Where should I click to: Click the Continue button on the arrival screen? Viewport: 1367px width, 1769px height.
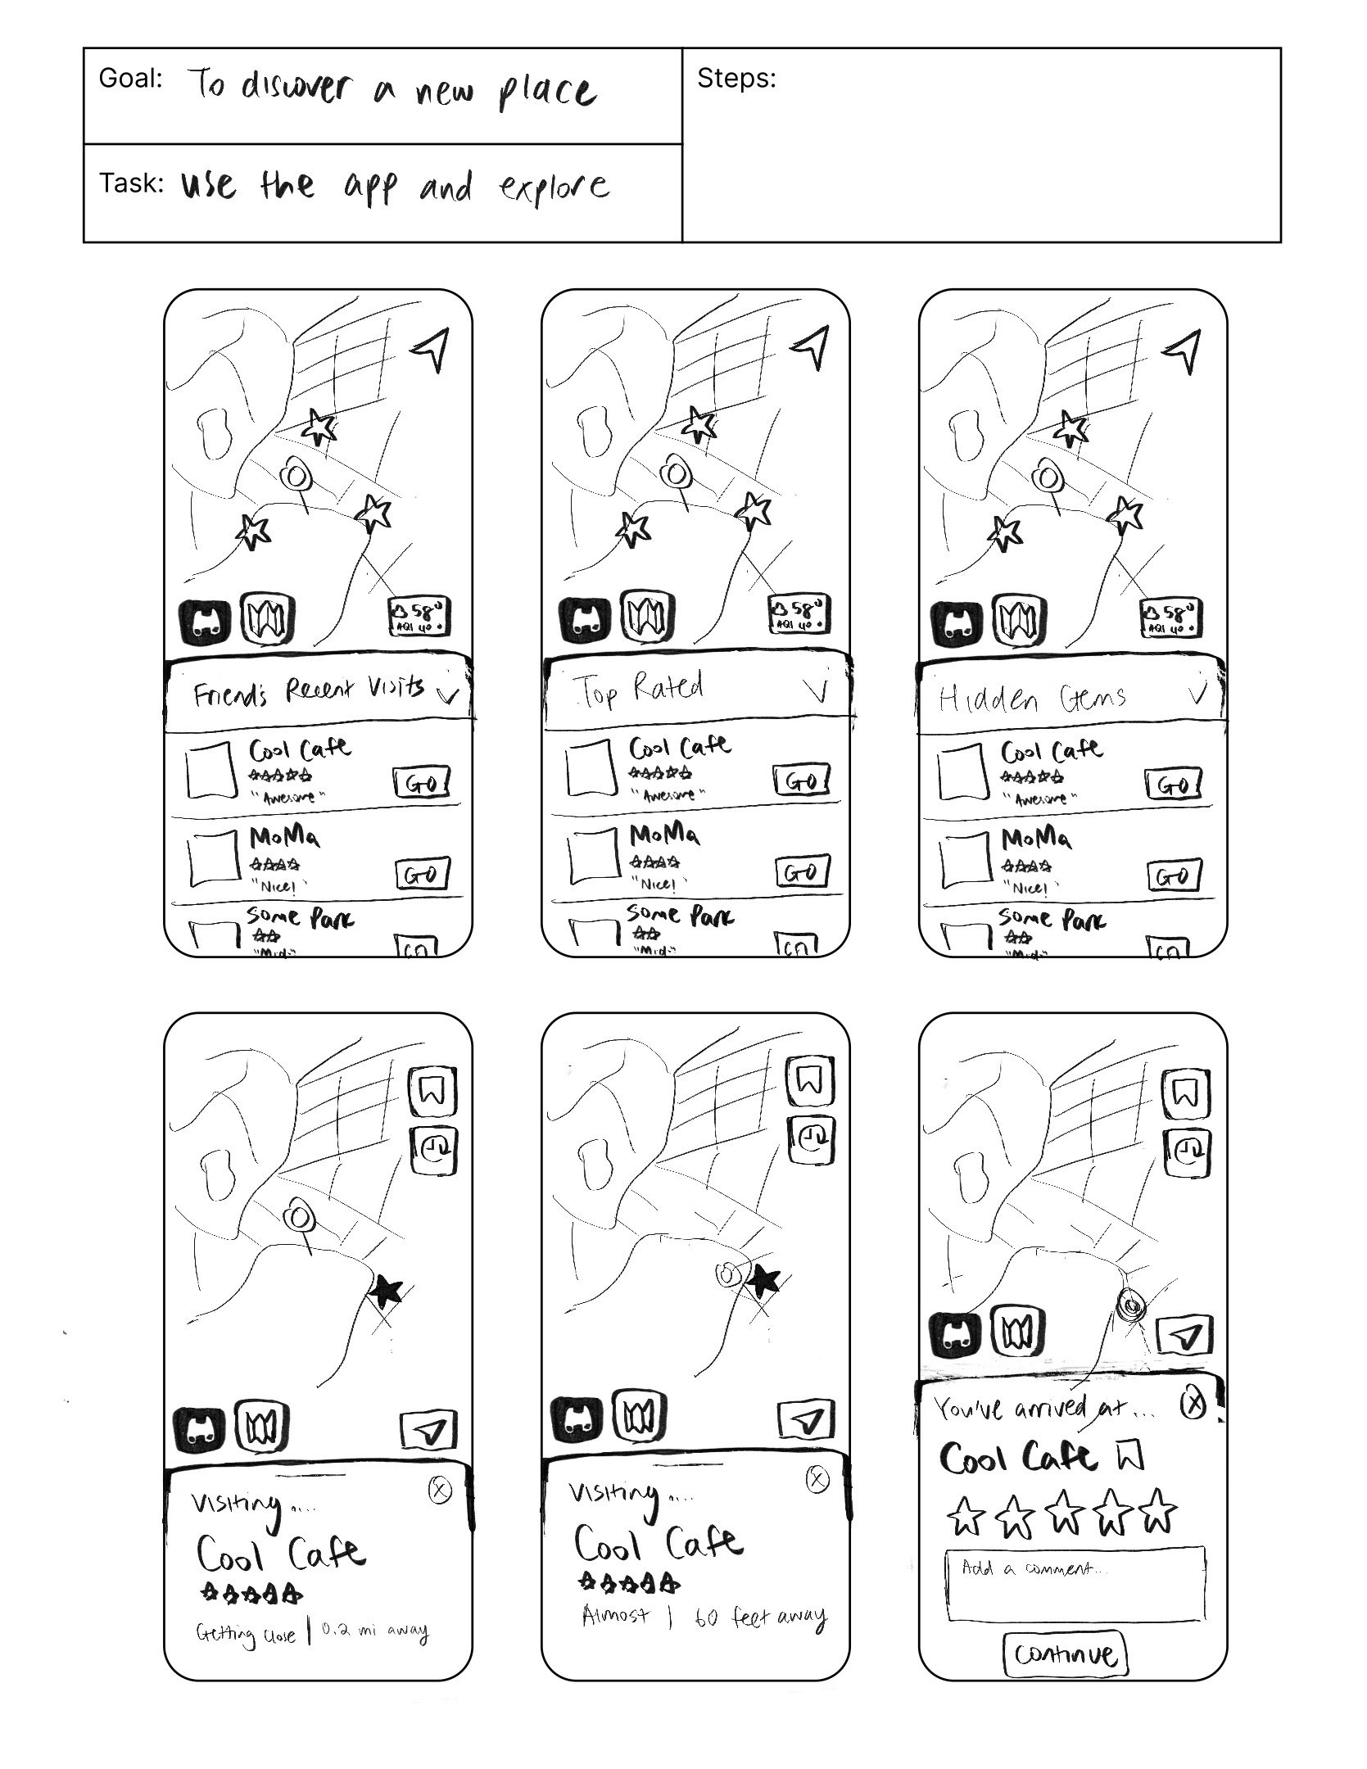coord(1065,1654)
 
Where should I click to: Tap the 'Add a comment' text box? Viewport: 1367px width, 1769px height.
coord(1075,1584)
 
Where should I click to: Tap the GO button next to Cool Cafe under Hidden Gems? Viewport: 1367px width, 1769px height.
coord(1173,785)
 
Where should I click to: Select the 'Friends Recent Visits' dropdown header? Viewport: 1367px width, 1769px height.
coord(319,692)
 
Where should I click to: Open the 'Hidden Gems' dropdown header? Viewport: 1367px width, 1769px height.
coord(1069,697)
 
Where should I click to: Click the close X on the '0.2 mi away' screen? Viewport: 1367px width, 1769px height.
coord(440,1490)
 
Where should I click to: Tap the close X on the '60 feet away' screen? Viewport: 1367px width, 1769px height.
coord(817,1478)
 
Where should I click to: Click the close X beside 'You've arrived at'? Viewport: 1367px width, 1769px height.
coord(1193,1404)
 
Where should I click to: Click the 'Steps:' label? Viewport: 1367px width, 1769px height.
coord(736,79)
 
